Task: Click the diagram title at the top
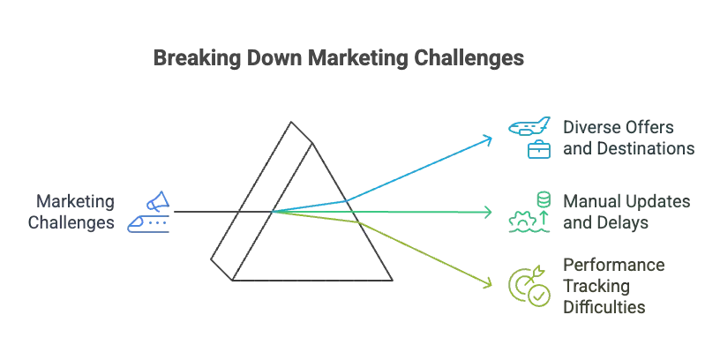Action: pos(337,60)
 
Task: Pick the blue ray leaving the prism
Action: pos(415,172)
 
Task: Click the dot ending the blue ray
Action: pos(491,139)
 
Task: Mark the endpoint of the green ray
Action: pos(491,212)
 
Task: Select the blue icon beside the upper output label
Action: pos(529,138)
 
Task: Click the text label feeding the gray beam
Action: pos(74,213)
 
